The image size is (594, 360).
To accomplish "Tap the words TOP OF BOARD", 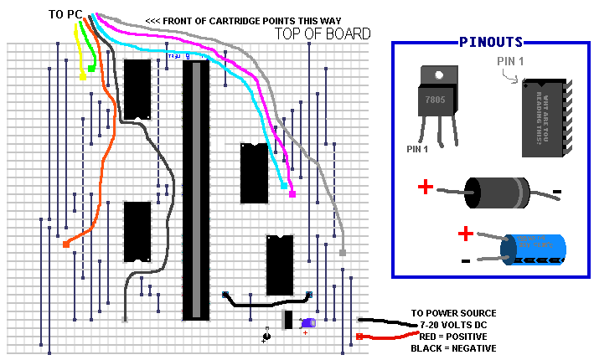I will [x=323, y=33].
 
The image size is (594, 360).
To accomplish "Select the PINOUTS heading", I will [x=491, y=42].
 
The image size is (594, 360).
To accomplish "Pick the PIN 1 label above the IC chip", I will [x=513, y=61].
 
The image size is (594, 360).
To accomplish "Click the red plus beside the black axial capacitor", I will [x=426, y=188].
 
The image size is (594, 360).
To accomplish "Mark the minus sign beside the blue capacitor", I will [x=465, y=260].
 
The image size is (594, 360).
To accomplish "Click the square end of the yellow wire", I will [x=83, y=77].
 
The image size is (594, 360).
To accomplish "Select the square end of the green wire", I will [x=90, y=68].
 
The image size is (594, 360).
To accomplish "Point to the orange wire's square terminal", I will [x=66, y=244].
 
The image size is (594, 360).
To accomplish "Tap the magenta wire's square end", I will [x=292, y=194].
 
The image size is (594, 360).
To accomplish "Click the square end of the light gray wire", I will [x=343, y=251].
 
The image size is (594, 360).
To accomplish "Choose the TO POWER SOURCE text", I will [x=452, y=312].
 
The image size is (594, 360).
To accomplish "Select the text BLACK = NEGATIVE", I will [x=453, y=347].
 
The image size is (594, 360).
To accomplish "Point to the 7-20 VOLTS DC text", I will [x=452, y=324].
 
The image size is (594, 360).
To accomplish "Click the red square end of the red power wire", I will [x=359, y=337].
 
